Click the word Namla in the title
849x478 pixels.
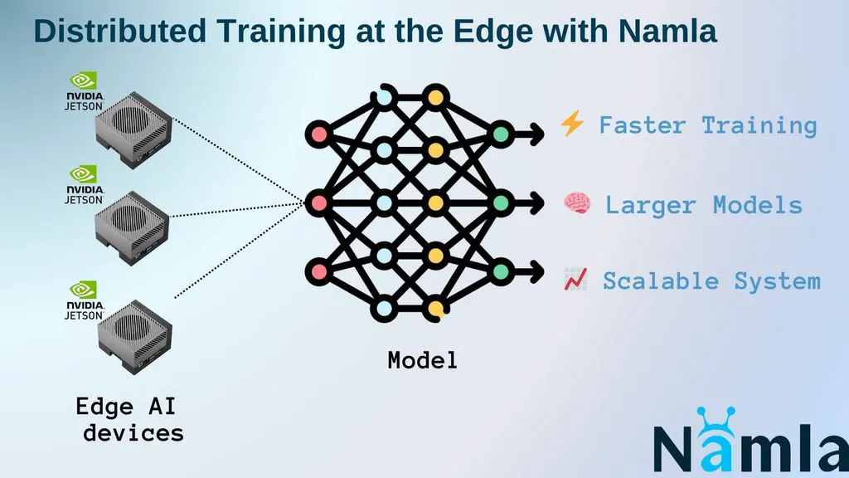667,32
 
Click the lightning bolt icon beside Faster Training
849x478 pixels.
572,124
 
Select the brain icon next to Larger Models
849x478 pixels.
576,204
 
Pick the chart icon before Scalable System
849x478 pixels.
575,280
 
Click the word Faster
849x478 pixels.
642,125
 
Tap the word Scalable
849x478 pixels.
660,280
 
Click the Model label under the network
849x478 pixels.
422,361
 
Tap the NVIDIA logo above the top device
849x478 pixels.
84,80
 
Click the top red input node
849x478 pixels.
318,133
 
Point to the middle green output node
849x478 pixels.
501,202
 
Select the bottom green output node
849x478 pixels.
501,271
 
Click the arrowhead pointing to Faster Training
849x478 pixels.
538,133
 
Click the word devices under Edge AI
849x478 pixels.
133,432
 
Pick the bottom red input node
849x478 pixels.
318,271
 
